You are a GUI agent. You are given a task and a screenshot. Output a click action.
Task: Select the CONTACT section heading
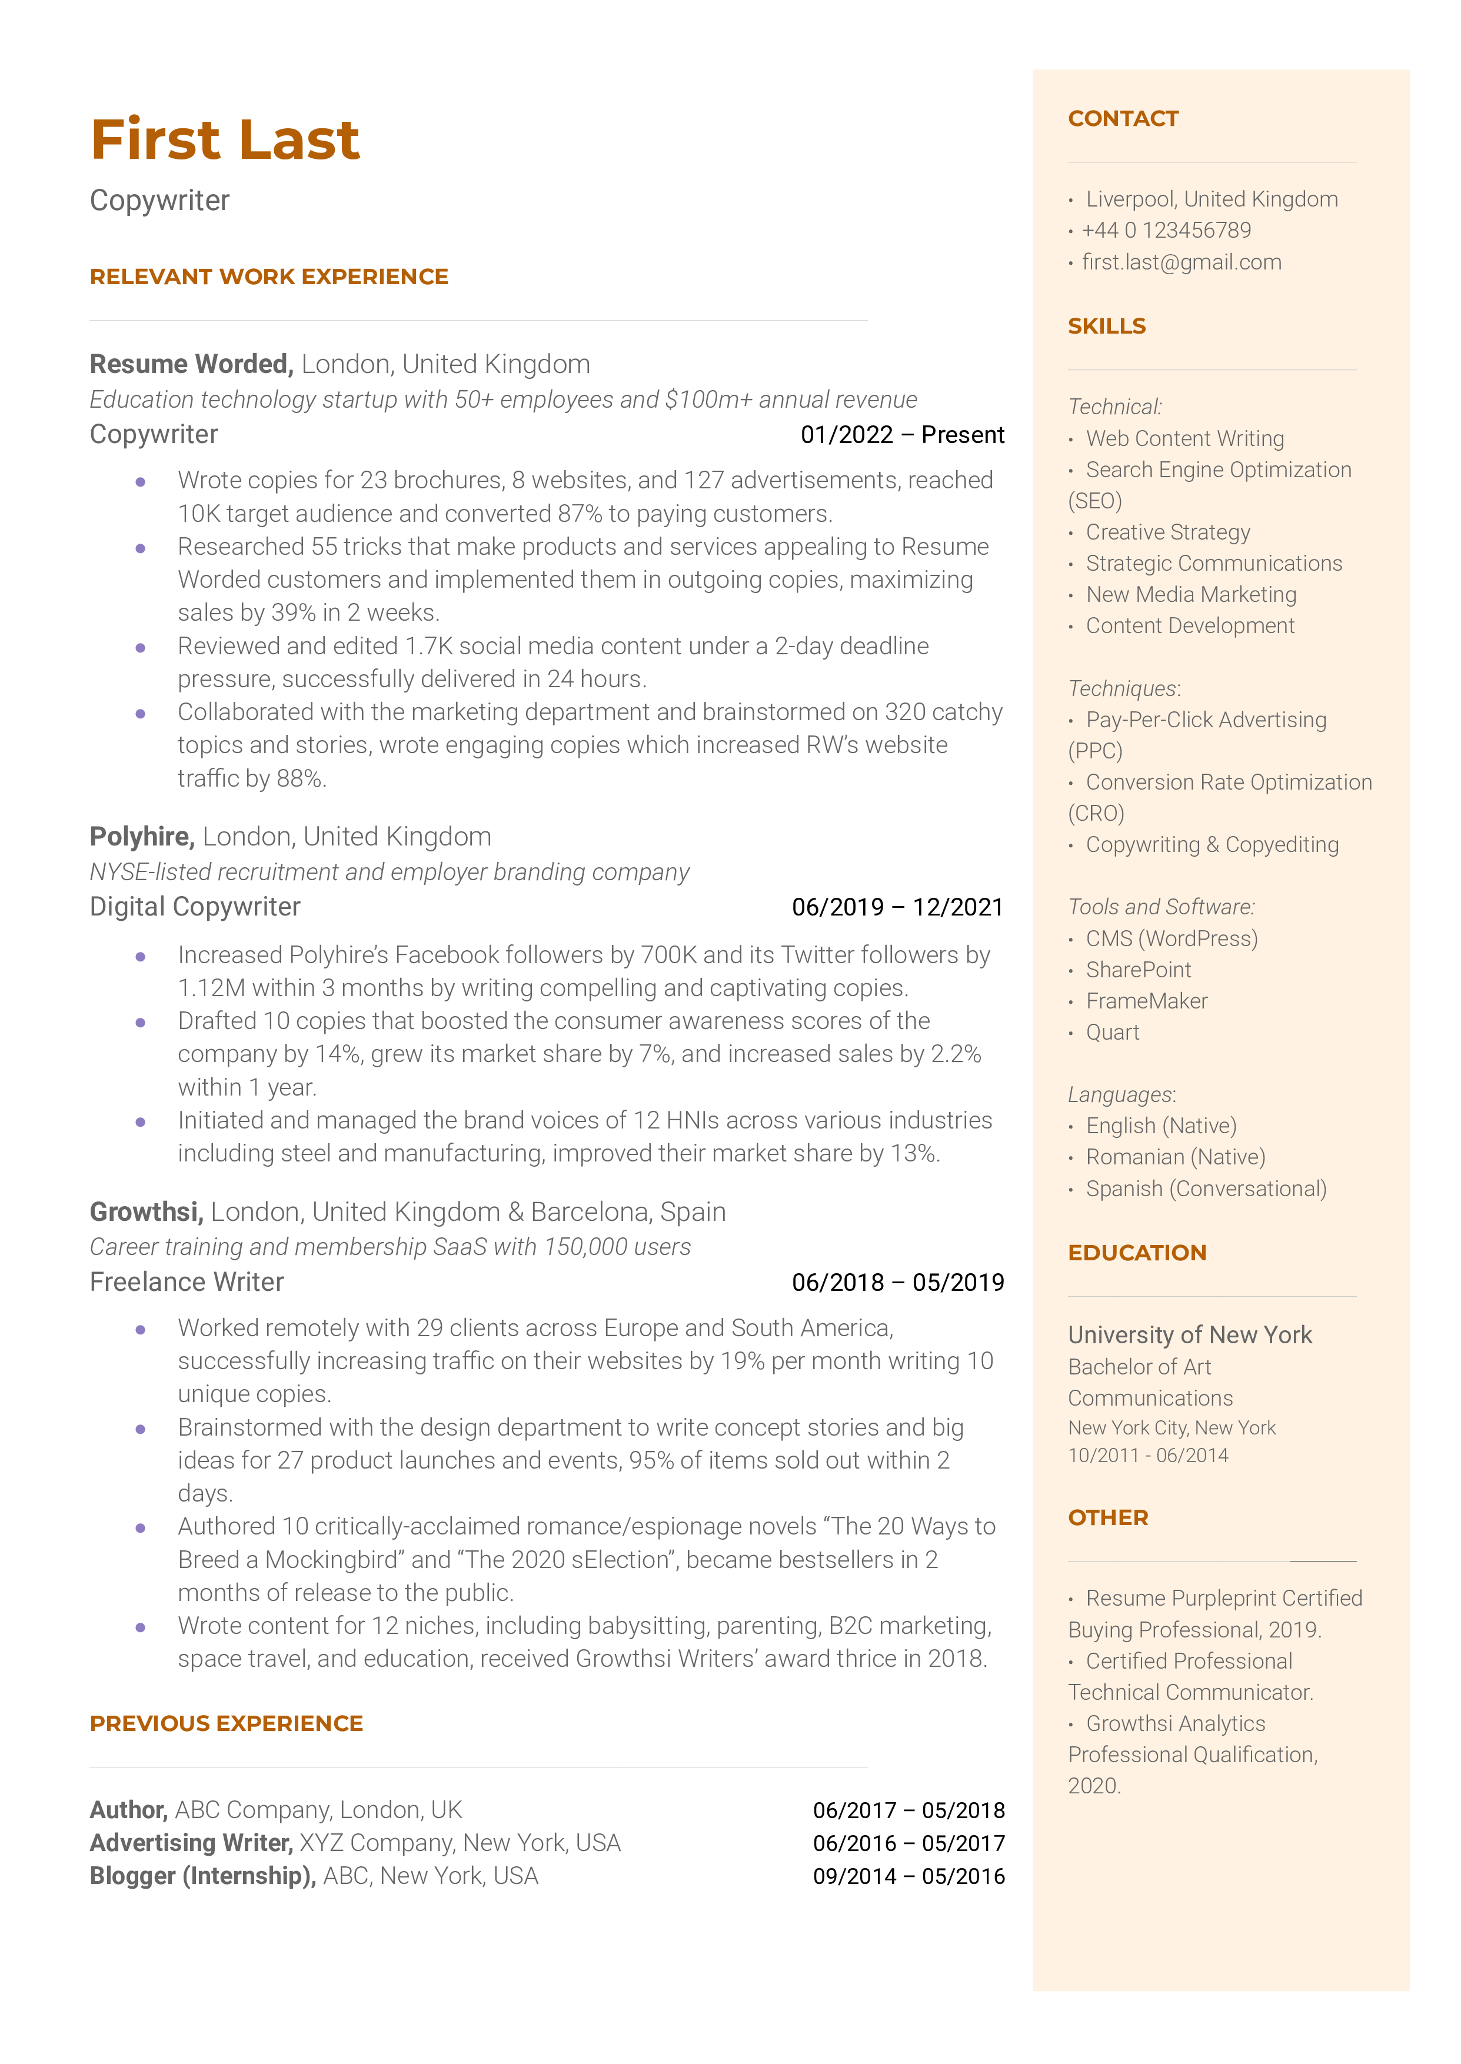pyautogui.click(x=1122, y=119)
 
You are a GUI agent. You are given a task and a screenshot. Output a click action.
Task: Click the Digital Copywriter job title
pyautogui.click(x=195, y=907)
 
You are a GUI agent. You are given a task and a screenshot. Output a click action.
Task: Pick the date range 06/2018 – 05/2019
pyautogui.click(x=897, y=1283)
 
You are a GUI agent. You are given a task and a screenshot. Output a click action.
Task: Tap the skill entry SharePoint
pyautogui.click(x=1137, y=970)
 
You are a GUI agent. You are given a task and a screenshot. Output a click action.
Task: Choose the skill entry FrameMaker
pyautogui.click(x=1146, y=1001)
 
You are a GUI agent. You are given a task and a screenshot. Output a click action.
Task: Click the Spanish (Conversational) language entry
pyautogui.click(x=1206, y=1189)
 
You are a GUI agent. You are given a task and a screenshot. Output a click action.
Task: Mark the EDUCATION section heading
pyautogui.click(x=1136, y=1253)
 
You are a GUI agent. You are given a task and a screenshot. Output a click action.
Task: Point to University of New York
pyautogui.click(x=1189, y=1334)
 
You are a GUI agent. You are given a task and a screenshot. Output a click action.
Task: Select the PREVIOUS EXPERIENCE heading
pyautogui.click(x=226, y=1723)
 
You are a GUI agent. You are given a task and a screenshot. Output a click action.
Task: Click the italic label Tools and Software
pyautogui.click(x=1160, y=907)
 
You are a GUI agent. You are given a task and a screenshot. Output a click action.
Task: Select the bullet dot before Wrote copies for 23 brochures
pyautogui.click(x=141, y=482)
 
